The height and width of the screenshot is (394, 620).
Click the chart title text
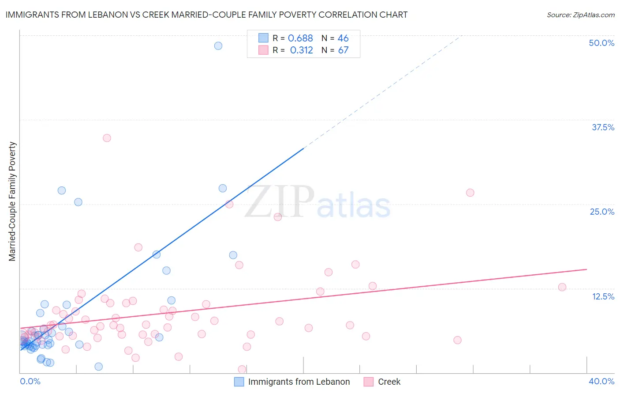[x=206, y=15]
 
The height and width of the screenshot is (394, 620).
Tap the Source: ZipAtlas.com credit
[x=580, y=15]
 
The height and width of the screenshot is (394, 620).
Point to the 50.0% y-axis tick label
[x=601, y=43]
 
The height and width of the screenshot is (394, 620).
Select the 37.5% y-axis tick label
[x=603, y=127]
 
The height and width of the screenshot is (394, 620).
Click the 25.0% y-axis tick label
[x=602, y=212]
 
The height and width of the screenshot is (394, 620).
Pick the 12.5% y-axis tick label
[x=603, y=296]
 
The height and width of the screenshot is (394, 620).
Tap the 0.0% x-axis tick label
[x=30, y=381]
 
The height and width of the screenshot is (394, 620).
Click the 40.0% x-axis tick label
[x=601, y=381]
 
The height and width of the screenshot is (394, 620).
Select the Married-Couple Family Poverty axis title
[x=12, y=201]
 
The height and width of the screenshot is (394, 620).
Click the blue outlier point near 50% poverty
[x=218, y=45]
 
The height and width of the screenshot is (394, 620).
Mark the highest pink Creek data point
[x=107, y=138]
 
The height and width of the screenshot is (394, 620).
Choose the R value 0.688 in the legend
[x=300, y=38]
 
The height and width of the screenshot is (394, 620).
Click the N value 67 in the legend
[x=343, y=50]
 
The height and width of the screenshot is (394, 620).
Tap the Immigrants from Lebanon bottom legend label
[x=299, y=382]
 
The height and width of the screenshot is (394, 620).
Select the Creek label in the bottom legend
[x=389, y=382]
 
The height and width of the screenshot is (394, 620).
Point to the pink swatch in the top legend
[x=263, y=50]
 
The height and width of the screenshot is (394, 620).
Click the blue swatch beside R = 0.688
[x=263, y=38]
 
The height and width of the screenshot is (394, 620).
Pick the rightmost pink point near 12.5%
[x=562, y=287]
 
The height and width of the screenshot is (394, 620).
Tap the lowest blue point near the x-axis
[x=99, y=367]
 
